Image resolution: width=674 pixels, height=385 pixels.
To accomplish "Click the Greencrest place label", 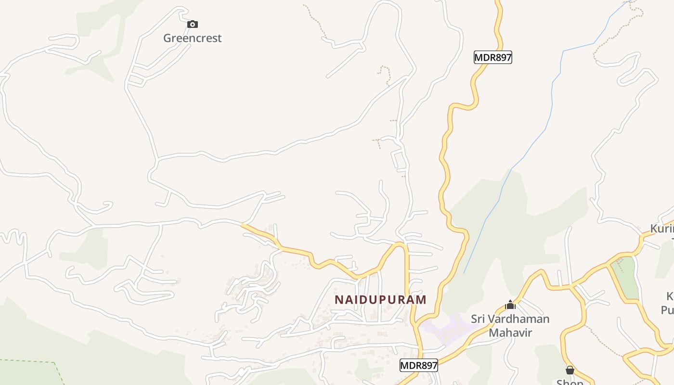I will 192,38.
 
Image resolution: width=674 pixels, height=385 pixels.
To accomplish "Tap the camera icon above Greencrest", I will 192,24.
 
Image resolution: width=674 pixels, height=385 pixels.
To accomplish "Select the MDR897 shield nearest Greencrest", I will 493,58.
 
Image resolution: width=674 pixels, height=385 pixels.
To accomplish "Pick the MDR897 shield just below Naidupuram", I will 418,366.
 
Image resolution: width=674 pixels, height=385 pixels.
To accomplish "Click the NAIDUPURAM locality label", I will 380,300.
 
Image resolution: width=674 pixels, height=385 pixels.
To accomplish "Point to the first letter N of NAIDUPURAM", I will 338,300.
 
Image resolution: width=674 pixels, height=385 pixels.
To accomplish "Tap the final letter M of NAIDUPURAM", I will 422,300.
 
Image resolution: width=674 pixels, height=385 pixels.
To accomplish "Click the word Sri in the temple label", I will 478,319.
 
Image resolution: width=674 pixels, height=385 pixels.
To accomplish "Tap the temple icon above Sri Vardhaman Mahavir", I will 510,305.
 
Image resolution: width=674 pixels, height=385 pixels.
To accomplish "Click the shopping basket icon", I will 570,370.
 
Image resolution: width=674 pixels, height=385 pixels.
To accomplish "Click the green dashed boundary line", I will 29,360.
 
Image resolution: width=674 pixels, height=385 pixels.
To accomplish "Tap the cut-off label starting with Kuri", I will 662,229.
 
